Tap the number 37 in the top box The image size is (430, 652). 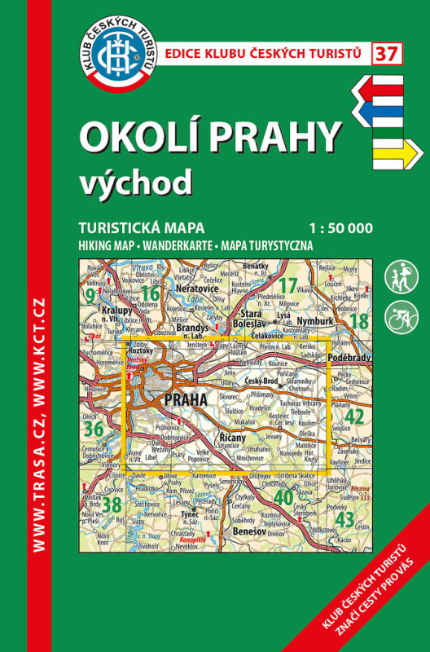click(x=386, y=54)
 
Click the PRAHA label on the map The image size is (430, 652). click(x=186, y=399)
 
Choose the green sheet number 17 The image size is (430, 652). click(x=288, y=286)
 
